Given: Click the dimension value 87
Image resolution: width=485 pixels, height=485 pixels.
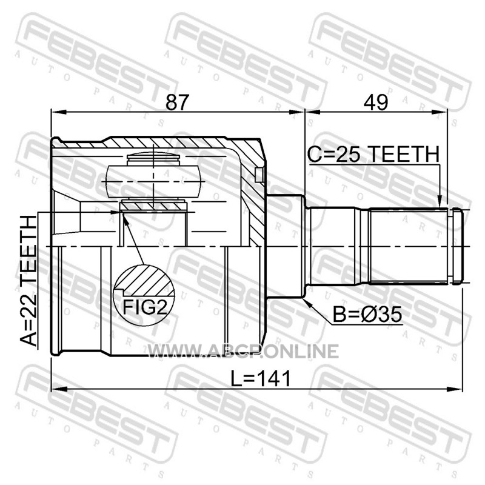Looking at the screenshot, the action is (x=177, y=102).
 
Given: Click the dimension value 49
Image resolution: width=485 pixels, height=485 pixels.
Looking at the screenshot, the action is (x=376, y=102).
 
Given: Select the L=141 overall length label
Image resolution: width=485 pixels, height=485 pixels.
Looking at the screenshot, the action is (x=261, y=378).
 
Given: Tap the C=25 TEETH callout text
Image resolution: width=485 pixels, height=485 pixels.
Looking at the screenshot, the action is (x=373, y=154).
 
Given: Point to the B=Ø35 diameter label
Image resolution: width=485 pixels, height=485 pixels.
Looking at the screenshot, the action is (x=367, y=315).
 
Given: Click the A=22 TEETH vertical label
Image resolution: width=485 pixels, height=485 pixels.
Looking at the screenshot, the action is (x=28, y=281).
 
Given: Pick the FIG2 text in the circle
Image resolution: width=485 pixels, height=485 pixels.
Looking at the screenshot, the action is (x=145, y=307).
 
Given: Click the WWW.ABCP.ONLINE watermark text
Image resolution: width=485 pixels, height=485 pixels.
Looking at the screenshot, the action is (x=243, y=352).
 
